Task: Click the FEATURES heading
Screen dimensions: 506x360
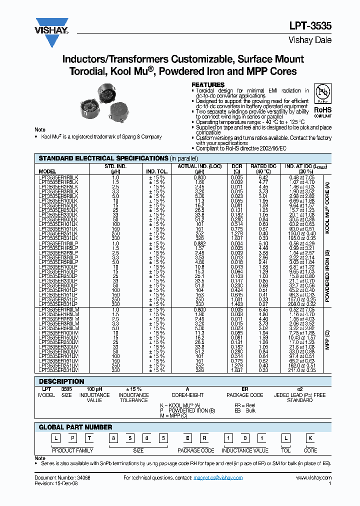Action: (208, 85)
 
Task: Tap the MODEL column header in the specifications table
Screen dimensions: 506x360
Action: (47, 171)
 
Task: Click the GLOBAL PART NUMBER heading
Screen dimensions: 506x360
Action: (75, 427)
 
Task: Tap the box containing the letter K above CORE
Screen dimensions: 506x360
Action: (310, 439)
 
